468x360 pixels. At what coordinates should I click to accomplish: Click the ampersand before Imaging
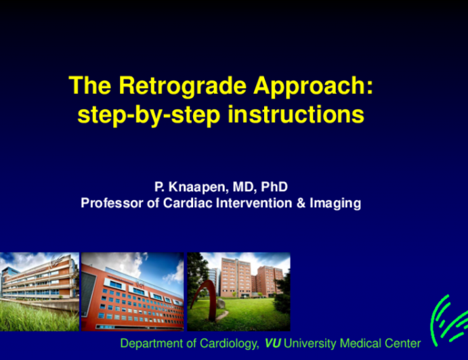point(301,202)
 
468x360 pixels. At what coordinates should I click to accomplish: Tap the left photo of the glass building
point(39,291)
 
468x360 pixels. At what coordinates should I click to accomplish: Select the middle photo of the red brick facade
point(132,292)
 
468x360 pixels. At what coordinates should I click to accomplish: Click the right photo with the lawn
point(238,292)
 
